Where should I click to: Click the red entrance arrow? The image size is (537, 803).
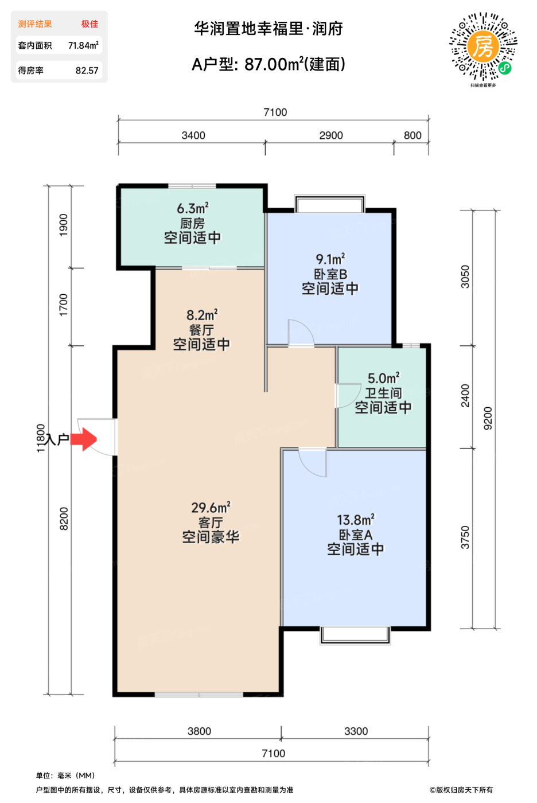87,440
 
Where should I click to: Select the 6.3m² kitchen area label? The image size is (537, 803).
192,208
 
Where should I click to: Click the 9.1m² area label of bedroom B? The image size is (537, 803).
330,259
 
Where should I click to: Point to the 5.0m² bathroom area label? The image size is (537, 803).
383,378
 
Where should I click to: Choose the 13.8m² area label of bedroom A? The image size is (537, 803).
356,520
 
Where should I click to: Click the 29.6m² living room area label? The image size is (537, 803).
211,508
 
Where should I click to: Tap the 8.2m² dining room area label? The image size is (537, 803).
202,315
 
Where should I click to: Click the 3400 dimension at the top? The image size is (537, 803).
193,135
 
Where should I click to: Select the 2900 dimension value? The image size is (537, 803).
331,135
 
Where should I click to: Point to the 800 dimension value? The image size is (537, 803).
413,135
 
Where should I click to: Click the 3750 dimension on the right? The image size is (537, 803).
465,537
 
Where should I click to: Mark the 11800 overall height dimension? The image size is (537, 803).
41,438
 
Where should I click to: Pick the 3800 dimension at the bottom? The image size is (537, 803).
199,731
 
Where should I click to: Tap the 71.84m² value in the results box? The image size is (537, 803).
83,45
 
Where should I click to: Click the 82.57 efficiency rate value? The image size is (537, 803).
87,71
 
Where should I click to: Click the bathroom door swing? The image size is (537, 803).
347,395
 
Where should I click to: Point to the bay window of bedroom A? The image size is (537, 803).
355,635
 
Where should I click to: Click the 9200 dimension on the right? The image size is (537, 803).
488,418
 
